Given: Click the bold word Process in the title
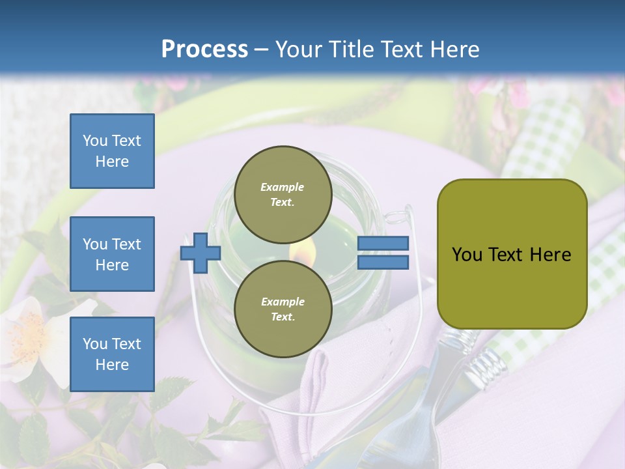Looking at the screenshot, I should point(204,49).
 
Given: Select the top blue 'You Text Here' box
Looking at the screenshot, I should point(112,151).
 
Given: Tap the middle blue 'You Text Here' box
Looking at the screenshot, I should point(112,254).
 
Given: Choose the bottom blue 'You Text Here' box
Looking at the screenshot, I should point(112,354).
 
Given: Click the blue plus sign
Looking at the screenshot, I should point(201,253).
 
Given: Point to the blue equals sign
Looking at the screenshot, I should point(383,253).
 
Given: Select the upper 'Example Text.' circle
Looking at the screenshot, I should point(283,194).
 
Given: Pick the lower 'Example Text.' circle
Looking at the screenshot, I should point(283,309).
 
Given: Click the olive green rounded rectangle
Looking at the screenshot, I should point(512,254).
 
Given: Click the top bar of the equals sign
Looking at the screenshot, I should point(383,244).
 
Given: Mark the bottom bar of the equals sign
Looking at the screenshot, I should point(383,262).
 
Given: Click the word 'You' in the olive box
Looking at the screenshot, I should point(467,254).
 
